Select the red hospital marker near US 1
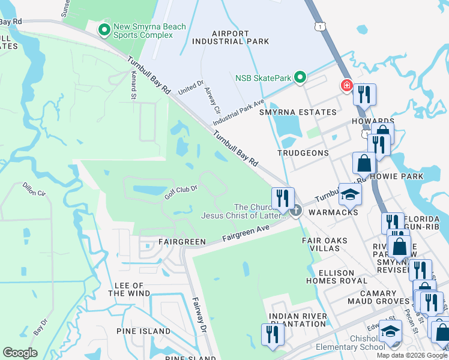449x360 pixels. (346, 86)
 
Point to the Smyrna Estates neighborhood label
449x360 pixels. (298, 112)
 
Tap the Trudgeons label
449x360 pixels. (303, 153)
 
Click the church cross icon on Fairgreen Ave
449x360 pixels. (295, 211)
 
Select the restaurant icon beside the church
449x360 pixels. (283, 197)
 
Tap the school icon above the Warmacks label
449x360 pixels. (351, 194)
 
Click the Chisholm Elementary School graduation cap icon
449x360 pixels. (391, 332)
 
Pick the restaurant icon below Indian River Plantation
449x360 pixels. (273, 334)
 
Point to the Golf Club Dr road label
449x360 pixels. (181, 193)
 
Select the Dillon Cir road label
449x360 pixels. (33, 189)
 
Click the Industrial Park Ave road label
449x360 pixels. (238, 112)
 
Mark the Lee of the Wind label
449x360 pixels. (125, 289)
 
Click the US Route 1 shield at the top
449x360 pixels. (322, 26)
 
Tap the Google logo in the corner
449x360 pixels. (20, 353)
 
